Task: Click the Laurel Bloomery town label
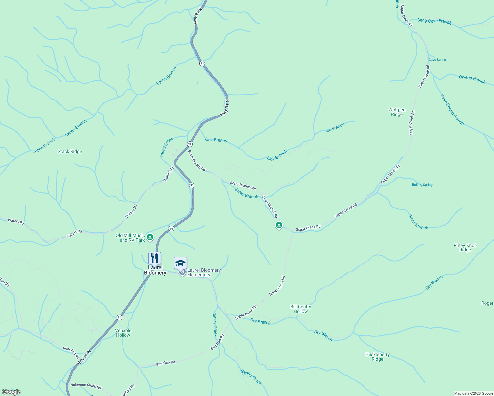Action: coord(155,270)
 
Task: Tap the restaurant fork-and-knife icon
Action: coord(155,258)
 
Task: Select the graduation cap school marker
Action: coord(180,263)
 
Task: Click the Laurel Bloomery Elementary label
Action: coord(203,272)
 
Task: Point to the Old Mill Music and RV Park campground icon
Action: coord(150,237)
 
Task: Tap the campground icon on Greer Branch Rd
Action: coord(279,225)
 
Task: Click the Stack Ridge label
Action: coord(70,152)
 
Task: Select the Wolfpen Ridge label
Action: coord(397,112)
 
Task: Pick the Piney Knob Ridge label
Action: coord(465,247)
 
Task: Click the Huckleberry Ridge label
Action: coord(377,357)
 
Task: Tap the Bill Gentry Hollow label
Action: coord(300,309)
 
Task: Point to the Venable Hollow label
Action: coord(123,333)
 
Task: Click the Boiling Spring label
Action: coord(422,185)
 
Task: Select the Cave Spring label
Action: coord(437,60)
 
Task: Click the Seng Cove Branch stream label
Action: coord(434,21)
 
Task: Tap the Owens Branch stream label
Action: coord(472,79)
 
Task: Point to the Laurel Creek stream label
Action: coord(166,147)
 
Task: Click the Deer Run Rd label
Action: coord(71,352)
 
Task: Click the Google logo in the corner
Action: coord(11,392)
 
